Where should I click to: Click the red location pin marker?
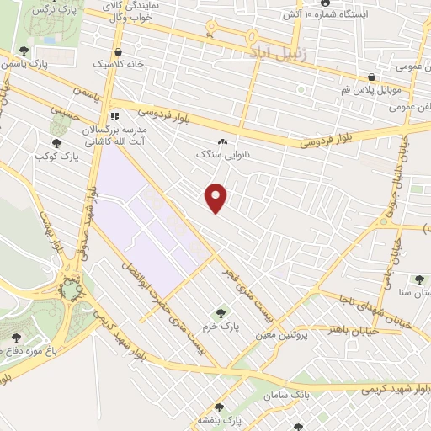click(x=217, y=196)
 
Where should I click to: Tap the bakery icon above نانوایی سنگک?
click(x=223, y=141)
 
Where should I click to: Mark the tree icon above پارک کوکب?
click(x=57, y=142)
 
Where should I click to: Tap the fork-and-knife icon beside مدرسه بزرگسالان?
click(x=114, y=116)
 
